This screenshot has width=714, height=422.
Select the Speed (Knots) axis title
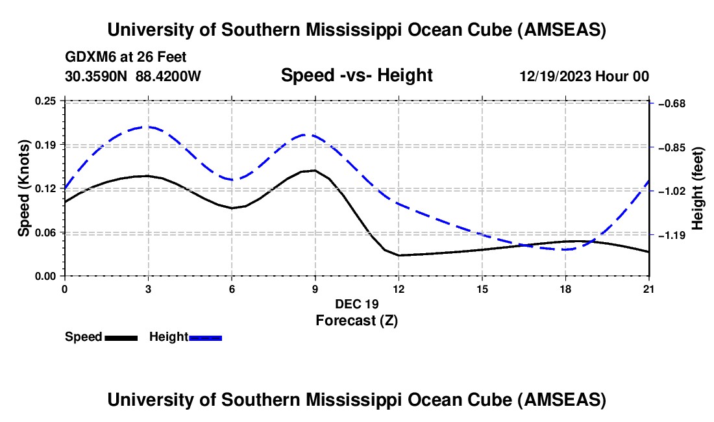[24, 188]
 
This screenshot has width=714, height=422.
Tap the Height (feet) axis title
[698, 188]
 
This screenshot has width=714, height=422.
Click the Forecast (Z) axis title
[356, 320]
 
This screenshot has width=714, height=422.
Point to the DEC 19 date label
[356, 304]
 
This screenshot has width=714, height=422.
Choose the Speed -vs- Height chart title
[356, 75]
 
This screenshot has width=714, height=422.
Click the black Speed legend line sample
[121, 338]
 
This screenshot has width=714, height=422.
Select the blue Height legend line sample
[206, 338]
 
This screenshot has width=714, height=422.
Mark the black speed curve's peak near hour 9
[315, 171]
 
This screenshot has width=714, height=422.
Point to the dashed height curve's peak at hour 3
[148, 127]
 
